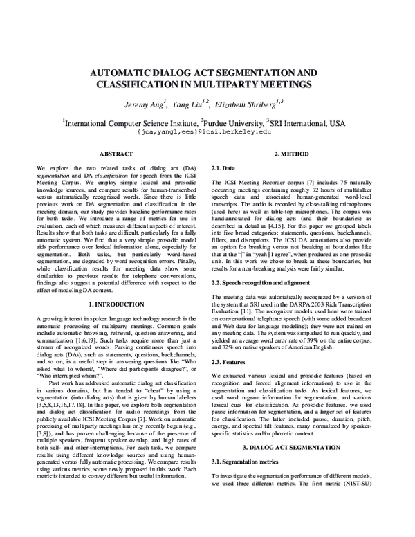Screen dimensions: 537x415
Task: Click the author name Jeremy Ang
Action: [x=149, y=106]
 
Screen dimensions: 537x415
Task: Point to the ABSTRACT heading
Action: [x=116, y=153]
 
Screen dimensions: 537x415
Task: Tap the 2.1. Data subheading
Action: [x=223, y=167]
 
